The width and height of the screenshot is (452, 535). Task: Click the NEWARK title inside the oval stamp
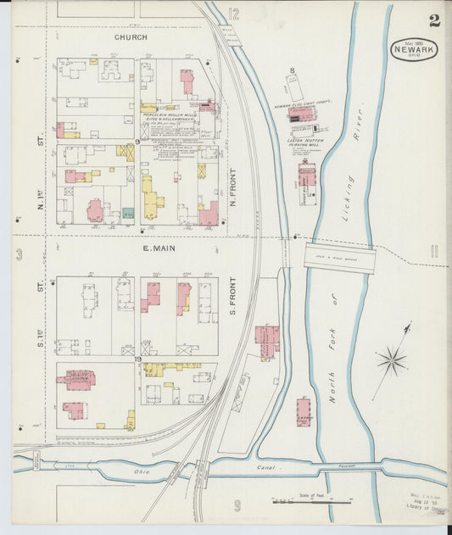pos(415,51)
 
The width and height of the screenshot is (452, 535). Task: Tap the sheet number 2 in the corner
pos(434,20)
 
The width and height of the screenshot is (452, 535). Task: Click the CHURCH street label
pos(131,37)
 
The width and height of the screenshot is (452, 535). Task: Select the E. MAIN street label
pos(158,248)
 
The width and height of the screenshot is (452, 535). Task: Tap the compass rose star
pos(392,360)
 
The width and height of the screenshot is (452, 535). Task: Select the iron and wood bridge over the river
pos(339,258)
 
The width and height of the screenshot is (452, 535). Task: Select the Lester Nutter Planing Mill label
pos(309,142)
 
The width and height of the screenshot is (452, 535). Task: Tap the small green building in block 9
pos(127,213)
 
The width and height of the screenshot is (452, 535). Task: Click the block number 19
pos(137,361)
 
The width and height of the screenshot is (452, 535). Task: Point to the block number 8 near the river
pos(292,70)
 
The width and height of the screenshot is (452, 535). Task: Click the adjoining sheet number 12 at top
pos(233,14)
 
